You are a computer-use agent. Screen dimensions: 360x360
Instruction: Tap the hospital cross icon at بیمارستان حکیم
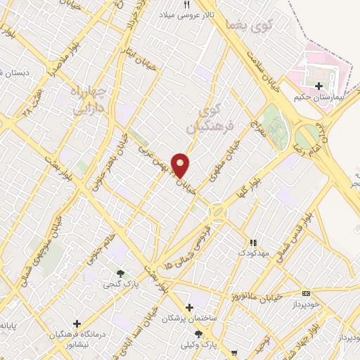(318, 86)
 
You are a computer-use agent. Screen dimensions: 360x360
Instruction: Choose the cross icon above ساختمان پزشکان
(188, 307)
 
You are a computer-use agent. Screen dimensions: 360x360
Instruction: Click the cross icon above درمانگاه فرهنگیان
(77, 323)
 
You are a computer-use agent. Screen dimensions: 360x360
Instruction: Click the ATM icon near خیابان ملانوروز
(305, 292)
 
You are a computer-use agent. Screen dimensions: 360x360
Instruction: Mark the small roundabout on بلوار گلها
(218, 212)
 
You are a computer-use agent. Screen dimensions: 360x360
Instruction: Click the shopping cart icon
(233, 354)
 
